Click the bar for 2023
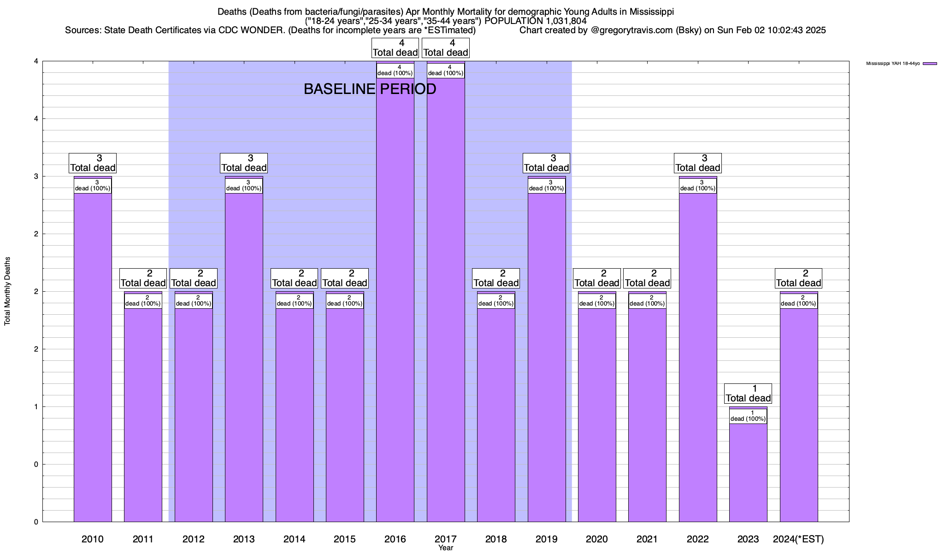(748, 470)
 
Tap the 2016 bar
(395, 300)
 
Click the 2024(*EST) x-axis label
(798, 539)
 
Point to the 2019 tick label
(546, 539)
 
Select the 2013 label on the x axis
(244, 539)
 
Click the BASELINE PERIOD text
(370, 89)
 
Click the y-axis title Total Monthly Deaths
(7, 291)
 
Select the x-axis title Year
(446, 548)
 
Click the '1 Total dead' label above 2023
(748, 394)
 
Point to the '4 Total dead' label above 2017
(446, 48)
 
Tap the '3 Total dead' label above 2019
(546, 163)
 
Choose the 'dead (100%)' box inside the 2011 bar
(143, 301)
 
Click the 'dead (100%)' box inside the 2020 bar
(597, 301)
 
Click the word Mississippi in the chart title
(652, 12)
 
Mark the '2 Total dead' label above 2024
(798, 278)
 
